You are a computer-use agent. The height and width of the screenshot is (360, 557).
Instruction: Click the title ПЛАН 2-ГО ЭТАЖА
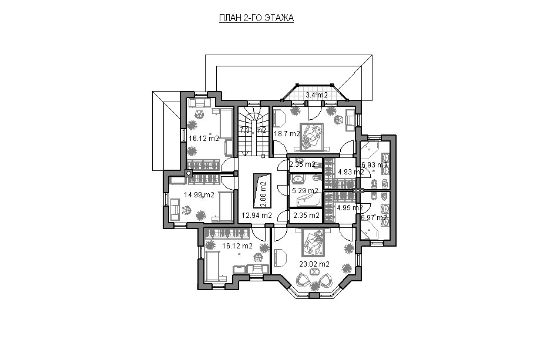256,18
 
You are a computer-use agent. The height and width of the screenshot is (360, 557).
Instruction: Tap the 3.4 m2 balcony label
317,95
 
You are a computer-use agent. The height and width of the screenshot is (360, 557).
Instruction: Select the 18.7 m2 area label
287,134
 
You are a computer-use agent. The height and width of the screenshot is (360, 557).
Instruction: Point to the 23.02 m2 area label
314,264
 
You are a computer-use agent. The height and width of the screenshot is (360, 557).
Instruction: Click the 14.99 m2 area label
199,194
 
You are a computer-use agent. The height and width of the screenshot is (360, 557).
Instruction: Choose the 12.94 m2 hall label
257,215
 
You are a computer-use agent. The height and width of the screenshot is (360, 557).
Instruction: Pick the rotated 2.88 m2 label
263,194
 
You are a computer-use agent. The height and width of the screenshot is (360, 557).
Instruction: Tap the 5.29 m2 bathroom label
305,191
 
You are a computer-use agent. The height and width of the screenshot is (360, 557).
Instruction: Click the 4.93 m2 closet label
351,172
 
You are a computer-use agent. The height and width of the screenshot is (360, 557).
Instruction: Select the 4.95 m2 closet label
350,208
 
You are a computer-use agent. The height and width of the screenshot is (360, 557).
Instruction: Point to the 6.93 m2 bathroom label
374,165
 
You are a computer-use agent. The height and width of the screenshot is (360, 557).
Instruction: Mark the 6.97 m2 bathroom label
374,218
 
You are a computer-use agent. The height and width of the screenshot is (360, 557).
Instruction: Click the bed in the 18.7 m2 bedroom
311,137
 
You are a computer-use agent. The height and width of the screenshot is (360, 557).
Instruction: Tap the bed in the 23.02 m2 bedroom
313,243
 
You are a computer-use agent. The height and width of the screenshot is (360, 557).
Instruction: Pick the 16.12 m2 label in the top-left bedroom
203,139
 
